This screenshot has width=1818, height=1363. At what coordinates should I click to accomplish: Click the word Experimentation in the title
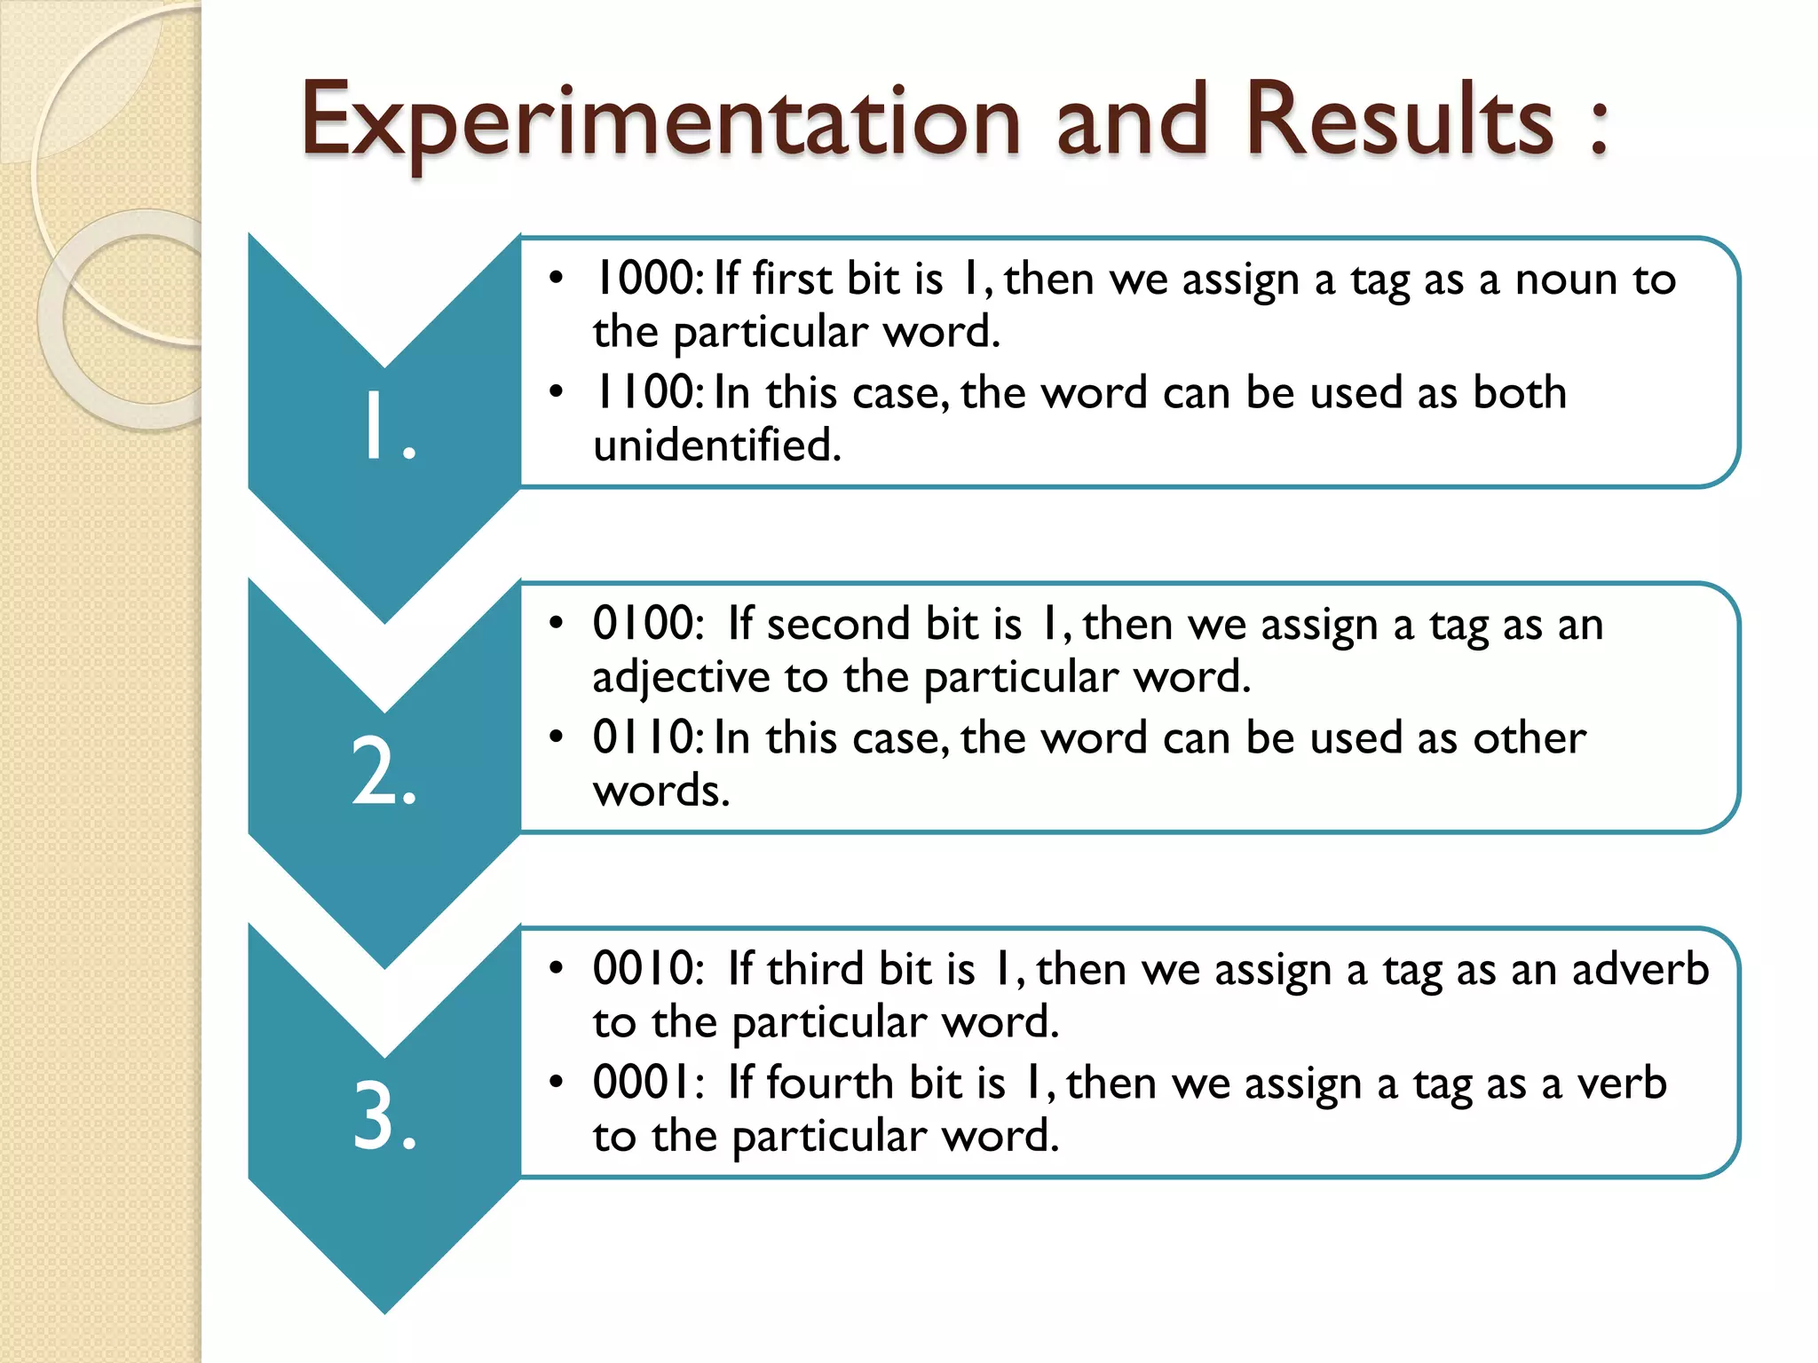coord(660,122)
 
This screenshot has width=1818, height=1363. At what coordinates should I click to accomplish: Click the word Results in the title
coord(1400,121)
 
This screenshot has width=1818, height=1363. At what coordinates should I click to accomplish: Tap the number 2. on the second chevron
coord(383,772)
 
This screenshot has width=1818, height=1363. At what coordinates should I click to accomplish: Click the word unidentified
coord(716,445)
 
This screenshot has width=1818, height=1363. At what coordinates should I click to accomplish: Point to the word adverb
coord(1640,969)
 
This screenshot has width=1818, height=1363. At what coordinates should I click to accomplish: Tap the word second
coord(838,624)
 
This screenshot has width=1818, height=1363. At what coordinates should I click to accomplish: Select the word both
coord(1520,392)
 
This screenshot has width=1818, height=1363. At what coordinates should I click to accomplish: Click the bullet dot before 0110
coord(557,737)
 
